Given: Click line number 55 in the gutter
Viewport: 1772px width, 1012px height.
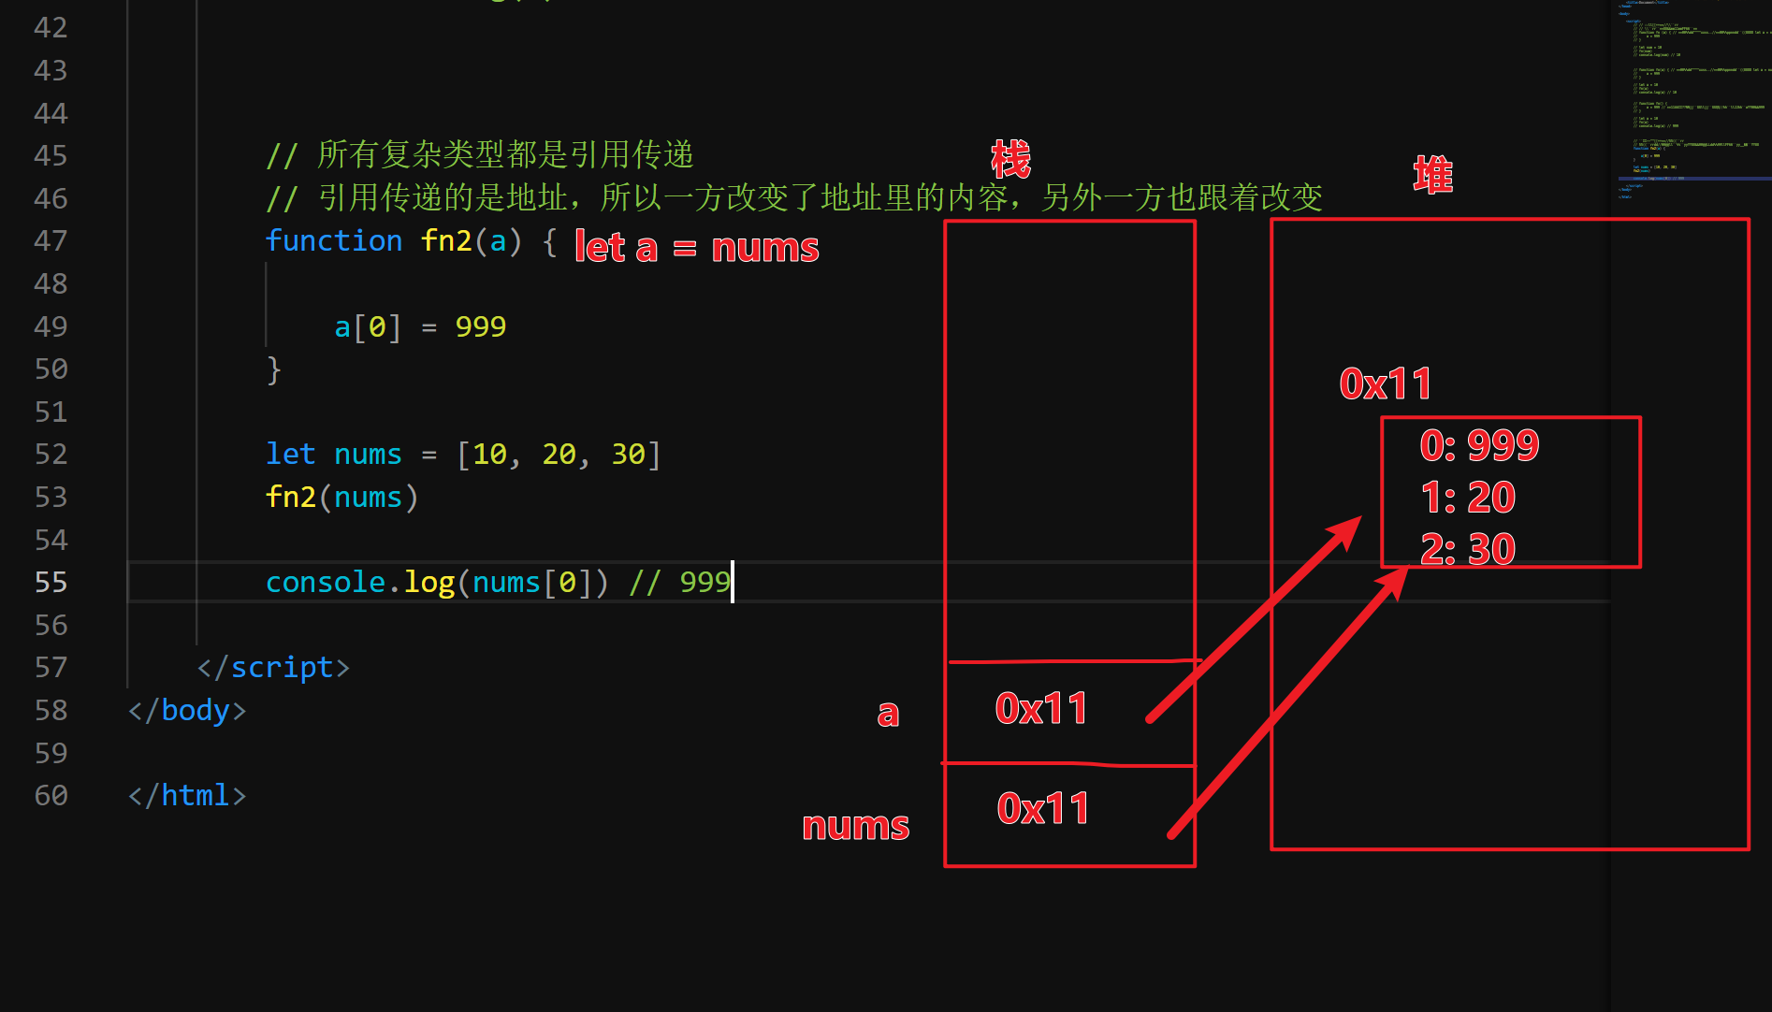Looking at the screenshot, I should click(51, 582).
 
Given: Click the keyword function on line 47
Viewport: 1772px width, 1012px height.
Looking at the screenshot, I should click(333, 240).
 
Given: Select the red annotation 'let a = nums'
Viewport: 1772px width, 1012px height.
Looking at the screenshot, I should click(696, 248).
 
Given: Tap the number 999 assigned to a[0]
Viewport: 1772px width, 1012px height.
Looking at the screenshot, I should click(480, 326).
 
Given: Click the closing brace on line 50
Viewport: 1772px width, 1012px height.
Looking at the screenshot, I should click(273, 369).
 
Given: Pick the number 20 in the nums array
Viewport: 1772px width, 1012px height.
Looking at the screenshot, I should click(559, 455).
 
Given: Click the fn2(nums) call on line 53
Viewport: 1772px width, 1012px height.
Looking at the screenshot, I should click(341, 497).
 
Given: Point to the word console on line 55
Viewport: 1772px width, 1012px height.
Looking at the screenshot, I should click(325, 582).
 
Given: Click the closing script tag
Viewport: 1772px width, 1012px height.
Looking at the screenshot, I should click(273, 667).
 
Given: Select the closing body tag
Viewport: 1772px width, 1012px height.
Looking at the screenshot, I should click(187, 710).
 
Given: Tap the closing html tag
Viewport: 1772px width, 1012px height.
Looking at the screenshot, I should click(187, 795).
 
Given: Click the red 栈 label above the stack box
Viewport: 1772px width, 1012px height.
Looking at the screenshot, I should click(1010, 159).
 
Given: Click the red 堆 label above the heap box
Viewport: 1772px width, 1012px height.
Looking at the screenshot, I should click(1432, 175).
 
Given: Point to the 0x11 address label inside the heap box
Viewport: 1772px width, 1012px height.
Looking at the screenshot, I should click(1386, 383).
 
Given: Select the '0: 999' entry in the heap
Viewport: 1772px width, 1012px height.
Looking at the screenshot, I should click(1479, 445).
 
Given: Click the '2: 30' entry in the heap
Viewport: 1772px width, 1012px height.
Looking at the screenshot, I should click(1468, 549).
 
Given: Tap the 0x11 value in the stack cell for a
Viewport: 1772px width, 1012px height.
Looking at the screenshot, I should click(1041, 709).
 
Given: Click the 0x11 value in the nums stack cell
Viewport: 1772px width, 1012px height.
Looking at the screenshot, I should click(1043, 809).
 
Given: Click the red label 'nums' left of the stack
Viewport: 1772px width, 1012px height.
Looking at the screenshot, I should click(855, 826).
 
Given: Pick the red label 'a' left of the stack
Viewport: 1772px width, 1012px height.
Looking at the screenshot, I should click(888, 714).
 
